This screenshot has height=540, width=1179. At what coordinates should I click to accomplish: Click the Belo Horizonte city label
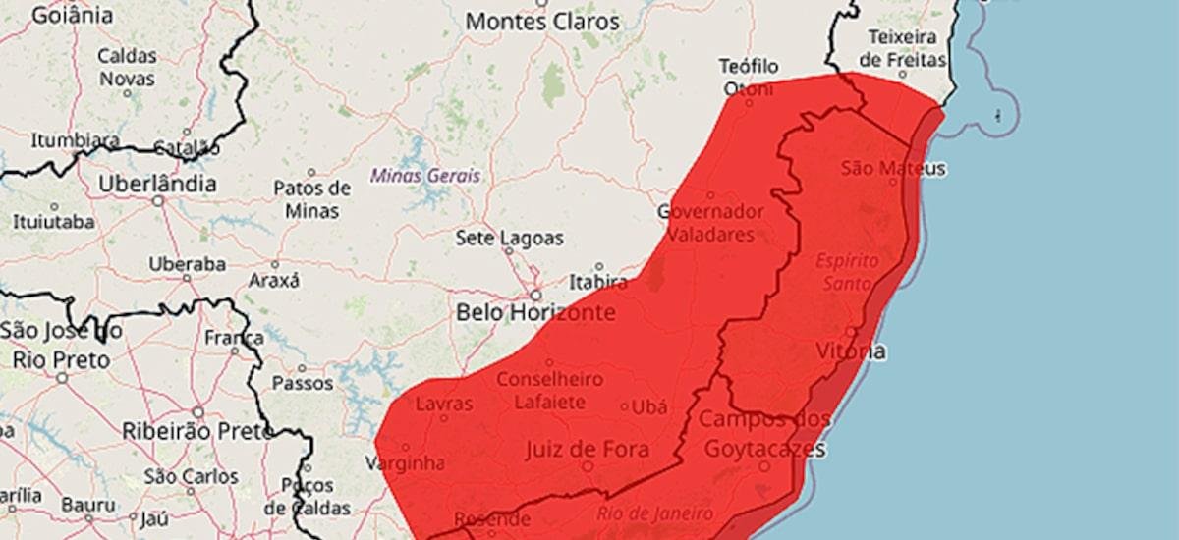tap(535, 313)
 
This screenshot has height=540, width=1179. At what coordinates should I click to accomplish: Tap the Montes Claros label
tap(542, 21)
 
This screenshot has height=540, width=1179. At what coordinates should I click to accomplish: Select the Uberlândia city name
tap(157, 184)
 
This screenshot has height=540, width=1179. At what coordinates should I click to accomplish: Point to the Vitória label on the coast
tap(851, 351)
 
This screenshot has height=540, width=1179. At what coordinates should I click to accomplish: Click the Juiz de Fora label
tap(587, 450)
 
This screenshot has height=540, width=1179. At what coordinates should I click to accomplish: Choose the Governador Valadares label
tap(711, 223)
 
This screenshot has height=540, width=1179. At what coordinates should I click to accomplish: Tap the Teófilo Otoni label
tap(749, 78)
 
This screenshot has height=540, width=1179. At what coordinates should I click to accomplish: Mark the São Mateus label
tap(893, 169)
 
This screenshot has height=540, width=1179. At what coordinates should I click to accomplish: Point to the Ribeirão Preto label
tap(197, 430)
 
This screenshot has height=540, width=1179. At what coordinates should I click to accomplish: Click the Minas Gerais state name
tap(425, 176)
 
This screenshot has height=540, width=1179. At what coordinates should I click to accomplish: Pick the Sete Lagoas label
tap(509, 238)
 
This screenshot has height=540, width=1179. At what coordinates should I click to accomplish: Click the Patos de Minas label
tap(311, 198)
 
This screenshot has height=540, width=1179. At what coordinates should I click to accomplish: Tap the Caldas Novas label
tap(127, 66)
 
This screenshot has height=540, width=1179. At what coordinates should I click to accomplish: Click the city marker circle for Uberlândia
tap(157, 201)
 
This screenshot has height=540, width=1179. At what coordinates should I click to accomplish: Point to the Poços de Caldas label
tap(307, 497)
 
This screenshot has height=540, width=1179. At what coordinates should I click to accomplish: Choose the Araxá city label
tap(274, 280)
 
